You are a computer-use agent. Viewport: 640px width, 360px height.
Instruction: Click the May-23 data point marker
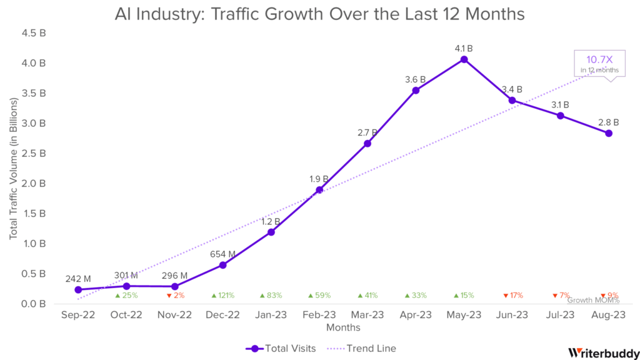(x=464, y=59)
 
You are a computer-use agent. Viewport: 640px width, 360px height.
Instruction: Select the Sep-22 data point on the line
(x=78, y=289)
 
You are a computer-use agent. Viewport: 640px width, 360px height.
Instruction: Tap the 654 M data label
(x=222, y=254)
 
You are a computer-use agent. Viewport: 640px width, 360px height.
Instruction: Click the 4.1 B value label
(x=464, y=48)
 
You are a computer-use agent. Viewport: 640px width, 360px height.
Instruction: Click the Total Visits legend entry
(x=281, y=348)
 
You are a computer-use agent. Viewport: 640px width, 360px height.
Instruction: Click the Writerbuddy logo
(x=603, y=352)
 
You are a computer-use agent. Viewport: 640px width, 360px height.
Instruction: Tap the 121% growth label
(x=222, y=296)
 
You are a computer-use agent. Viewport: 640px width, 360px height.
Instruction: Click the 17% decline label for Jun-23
(x=512, y=296)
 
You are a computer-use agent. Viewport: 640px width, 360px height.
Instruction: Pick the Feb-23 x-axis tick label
(x=319, y=315)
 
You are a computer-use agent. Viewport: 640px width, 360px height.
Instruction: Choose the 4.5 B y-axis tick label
(x=34, y=33)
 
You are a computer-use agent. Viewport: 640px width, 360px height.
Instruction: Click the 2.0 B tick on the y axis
(x=34, y=184)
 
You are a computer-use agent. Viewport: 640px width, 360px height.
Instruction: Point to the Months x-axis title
(x=343, y=327)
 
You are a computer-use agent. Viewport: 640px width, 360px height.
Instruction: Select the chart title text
(x=319, y=13)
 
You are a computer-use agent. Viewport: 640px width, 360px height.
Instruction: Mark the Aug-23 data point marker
(x=609, y=133)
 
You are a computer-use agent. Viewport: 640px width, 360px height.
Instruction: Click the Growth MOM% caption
(x=593, y=301)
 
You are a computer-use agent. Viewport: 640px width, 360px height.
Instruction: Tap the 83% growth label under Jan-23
(x=271, y=296)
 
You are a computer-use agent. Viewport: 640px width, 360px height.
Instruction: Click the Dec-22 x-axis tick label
(x=222, y=315)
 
